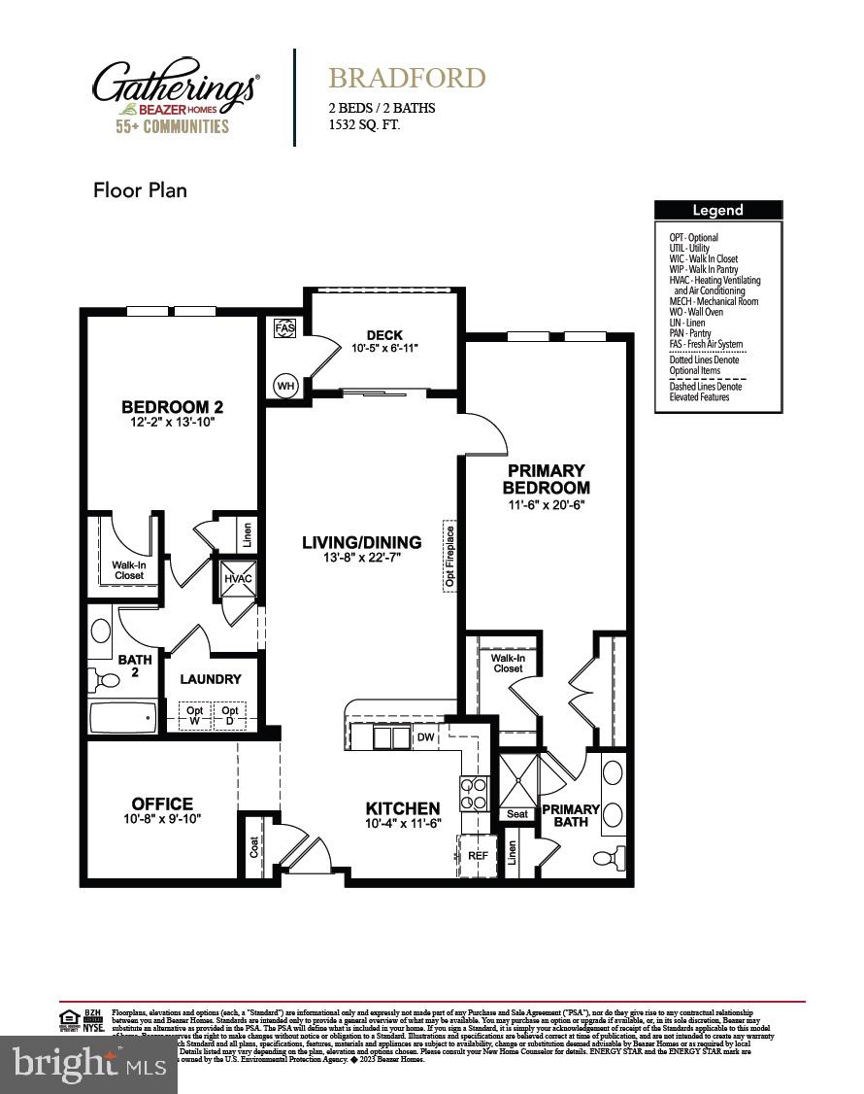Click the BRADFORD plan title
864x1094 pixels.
[x=407, y=78]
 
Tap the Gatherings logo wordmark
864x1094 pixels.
[x=175, y=85]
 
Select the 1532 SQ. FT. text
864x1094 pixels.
[x=364, y=125]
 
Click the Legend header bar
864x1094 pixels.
[x=717, y=210]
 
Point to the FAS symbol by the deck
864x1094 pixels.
[x=284, y=328]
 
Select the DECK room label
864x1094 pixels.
[x=384, y=335]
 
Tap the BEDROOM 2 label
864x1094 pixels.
[x=173, y=407]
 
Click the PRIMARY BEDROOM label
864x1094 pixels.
[x=546, y=479]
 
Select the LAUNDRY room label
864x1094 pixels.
[x=211, y=679]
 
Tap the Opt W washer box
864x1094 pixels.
[x=194, y=716]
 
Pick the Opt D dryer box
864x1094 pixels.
[x=230, y=716]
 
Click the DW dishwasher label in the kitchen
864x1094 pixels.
[x=425, y=737]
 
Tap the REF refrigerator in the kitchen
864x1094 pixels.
[x=477, y=855]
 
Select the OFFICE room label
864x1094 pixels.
[x=162, y=804]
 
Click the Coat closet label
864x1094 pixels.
[x=253, y=846]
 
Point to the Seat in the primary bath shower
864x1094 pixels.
[x=517, y=813]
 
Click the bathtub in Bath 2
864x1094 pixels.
[x=122, y=718]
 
